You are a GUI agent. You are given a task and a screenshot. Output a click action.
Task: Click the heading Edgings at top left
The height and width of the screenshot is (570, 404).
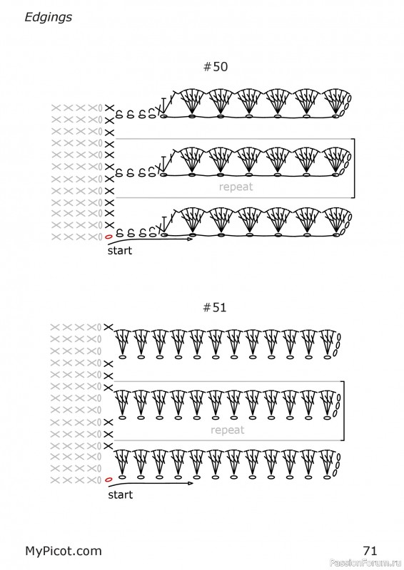coord(48,17)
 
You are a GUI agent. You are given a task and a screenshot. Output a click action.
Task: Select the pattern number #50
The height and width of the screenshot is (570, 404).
coord(216,66)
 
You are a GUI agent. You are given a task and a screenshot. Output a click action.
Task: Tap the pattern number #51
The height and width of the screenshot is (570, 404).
coord(215,308)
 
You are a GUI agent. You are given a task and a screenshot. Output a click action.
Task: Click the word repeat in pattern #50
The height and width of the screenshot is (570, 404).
coord(236,187)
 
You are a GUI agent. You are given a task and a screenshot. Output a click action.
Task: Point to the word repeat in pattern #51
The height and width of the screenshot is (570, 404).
coord(227,430)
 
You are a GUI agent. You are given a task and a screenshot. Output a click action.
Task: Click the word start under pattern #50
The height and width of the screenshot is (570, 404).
coord(120,251)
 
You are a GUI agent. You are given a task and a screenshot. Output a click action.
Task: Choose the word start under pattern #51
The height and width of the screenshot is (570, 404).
coord(121,494)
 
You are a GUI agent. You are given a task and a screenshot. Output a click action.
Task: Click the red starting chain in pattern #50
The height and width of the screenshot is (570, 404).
coord(108,237)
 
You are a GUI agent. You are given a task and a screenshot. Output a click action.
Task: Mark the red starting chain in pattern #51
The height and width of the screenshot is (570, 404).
coord(108,480)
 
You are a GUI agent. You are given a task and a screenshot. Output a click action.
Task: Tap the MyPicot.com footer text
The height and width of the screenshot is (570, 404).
coord(64,551)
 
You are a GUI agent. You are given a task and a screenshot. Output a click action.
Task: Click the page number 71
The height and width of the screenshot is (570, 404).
coord(370,551)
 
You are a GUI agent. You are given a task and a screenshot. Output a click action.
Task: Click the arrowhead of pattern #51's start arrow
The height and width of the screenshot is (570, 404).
coord(191,484)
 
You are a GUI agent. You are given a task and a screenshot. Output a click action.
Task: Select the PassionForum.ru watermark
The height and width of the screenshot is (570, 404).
coord(366,563)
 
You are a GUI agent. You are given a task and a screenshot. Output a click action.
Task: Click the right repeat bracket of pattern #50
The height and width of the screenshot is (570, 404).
coord(354,168)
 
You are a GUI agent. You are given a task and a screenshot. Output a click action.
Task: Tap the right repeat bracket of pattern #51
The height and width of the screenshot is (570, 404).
coord(343,411)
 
